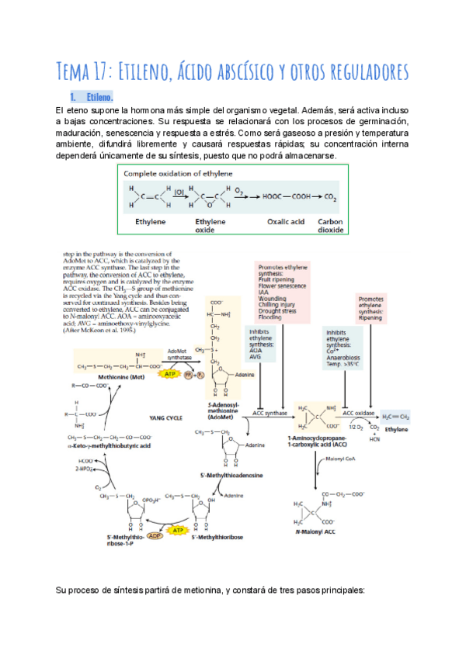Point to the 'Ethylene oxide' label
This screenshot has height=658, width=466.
point(210,226)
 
